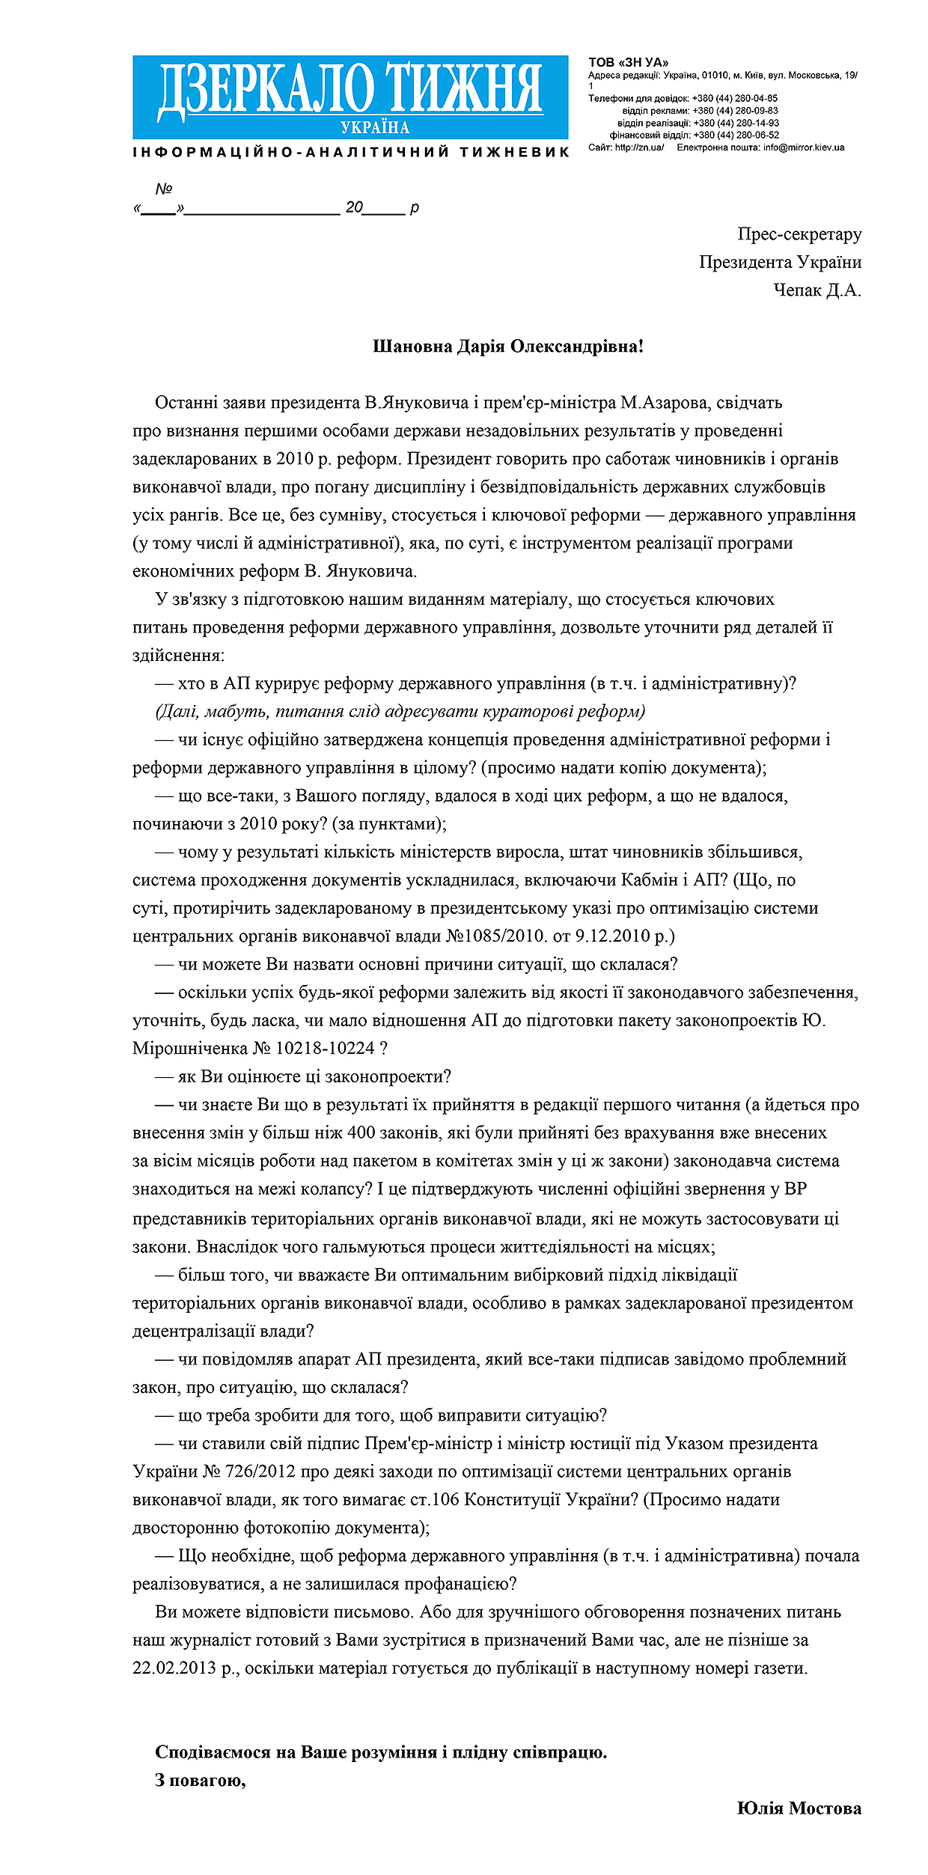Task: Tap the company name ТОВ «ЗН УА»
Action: click(x=629, y=63)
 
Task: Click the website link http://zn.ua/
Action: click(x=639, y=147)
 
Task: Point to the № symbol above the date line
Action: click(x=164, y=189)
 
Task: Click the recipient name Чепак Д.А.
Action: click(x=816, y=290)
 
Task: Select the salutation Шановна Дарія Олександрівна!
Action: click(x=507, y=347)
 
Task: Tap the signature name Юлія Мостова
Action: click(x=799, y=1808)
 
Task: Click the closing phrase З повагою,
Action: click(x=201, y=1780)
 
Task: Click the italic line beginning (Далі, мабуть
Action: click(x=400, y=712)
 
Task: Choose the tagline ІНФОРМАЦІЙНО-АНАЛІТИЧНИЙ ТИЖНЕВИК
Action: click(x=351, y=152)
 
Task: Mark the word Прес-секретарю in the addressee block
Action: click(x=799, y=234)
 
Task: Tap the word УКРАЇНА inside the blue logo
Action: click(x=376, y=127)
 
